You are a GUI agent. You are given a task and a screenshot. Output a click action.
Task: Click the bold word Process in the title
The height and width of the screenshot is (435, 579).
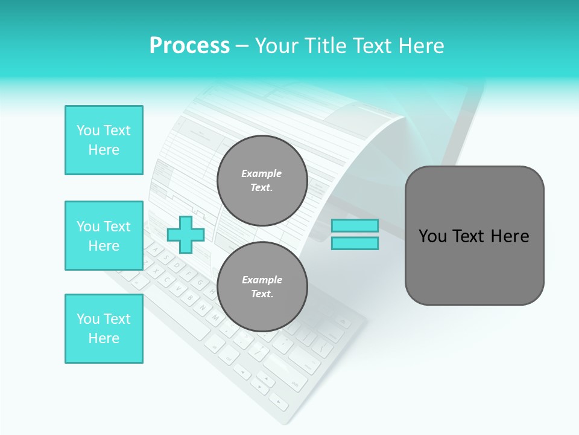pos(189,45)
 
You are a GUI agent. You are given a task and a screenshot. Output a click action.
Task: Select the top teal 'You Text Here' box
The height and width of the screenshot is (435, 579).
pos(104,140)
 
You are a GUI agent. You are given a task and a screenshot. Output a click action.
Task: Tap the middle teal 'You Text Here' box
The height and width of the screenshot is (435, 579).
pos(104,236)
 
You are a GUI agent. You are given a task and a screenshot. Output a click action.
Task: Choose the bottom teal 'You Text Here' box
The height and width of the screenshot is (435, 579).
pos(104,329)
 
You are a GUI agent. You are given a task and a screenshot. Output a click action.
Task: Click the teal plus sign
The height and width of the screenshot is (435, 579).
pos(186,234)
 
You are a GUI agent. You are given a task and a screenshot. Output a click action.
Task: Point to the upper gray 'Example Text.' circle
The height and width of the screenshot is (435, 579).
pos(262,181)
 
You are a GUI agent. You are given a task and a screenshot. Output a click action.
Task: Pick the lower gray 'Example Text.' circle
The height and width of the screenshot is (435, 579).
pos(262,287)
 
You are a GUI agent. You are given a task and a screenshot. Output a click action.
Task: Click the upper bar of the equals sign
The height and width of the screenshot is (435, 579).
pos(355,226)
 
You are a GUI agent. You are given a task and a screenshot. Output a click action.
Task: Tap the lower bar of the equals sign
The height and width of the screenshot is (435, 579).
pos(355,243)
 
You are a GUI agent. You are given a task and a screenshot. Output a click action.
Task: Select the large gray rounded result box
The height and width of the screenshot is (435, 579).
pos(474,236)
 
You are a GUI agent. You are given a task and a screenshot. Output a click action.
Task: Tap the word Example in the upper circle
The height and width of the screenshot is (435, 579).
pos(262,173)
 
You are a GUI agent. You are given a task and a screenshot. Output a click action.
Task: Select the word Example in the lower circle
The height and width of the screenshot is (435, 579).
pos(262,280)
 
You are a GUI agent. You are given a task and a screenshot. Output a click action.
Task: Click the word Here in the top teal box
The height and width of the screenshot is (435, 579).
pos(104,150)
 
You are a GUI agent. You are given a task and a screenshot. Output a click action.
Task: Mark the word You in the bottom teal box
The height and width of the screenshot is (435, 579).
pos(88,319)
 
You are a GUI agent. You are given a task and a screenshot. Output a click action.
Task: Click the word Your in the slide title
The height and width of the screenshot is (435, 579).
pos(277,45)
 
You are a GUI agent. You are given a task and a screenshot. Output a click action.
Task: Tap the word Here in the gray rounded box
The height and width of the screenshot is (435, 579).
pos(510,236)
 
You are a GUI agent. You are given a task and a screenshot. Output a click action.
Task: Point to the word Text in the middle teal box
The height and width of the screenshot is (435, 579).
pos(117,227)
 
